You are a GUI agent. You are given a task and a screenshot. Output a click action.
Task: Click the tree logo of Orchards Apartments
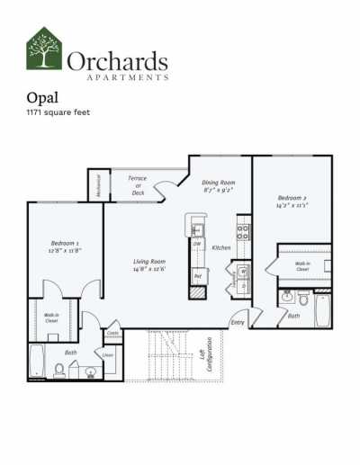(44, 49)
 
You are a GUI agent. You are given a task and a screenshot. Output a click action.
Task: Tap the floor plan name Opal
(44, 99)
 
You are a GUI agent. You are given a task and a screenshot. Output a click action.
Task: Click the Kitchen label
(221, 246)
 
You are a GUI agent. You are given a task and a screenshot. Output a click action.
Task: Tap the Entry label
(238, 321)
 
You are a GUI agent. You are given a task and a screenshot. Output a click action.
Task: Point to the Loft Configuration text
(206, 353)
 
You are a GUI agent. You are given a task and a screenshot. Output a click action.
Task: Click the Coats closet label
(113, 333)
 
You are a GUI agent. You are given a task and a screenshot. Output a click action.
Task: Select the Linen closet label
(109, 354)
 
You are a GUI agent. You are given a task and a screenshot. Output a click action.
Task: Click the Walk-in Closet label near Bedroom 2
(302, 266)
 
